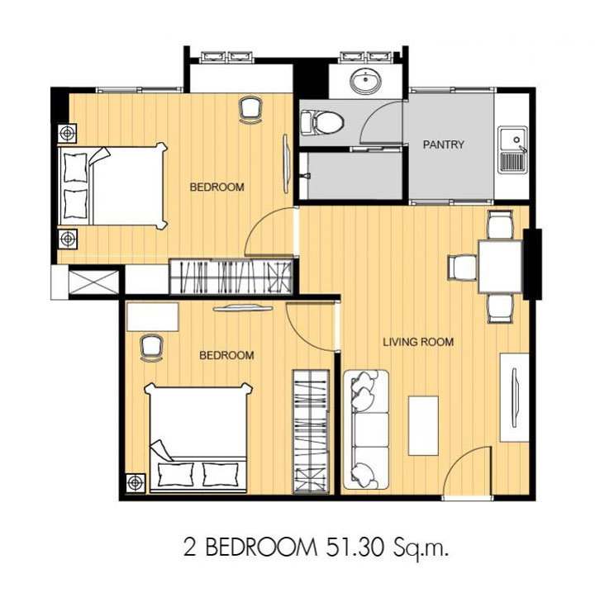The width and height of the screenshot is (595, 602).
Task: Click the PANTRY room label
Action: click(x=443, y=145)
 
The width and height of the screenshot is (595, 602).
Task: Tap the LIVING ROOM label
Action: click(x=418, y=342)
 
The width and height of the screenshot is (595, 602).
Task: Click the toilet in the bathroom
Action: click(x=321, y=122)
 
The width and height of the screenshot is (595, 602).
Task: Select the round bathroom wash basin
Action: click(x=365, y=82)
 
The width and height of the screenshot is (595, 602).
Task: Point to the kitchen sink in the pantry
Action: click(x=513, y=149)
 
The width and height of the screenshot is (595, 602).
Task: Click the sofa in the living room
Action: click(x=366, y=429)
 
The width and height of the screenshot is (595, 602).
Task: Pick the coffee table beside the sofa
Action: click(x=423, y=425)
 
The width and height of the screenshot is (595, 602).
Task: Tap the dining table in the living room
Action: click(x=500, y=267)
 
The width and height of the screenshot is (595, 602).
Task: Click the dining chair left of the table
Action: click(x=463, y=268)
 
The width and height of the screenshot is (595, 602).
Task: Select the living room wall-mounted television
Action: click(x=514, y=397)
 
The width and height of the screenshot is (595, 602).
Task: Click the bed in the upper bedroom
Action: click(x=112, y=186)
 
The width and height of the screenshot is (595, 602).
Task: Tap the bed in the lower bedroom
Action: click(x=198, y=438)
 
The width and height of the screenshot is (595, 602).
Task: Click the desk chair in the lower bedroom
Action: click(x=151, y=348)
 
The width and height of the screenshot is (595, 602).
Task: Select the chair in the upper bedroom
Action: click(x=250, y=110)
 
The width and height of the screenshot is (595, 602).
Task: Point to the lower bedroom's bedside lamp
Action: click(x=136, y=482)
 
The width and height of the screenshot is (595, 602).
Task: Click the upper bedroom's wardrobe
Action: click(x=231, y=277)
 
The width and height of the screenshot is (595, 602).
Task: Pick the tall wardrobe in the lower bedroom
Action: click(x=312, y=432)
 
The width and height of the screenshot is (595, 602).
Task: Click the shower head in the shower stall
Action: click(x=306, y=176)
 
